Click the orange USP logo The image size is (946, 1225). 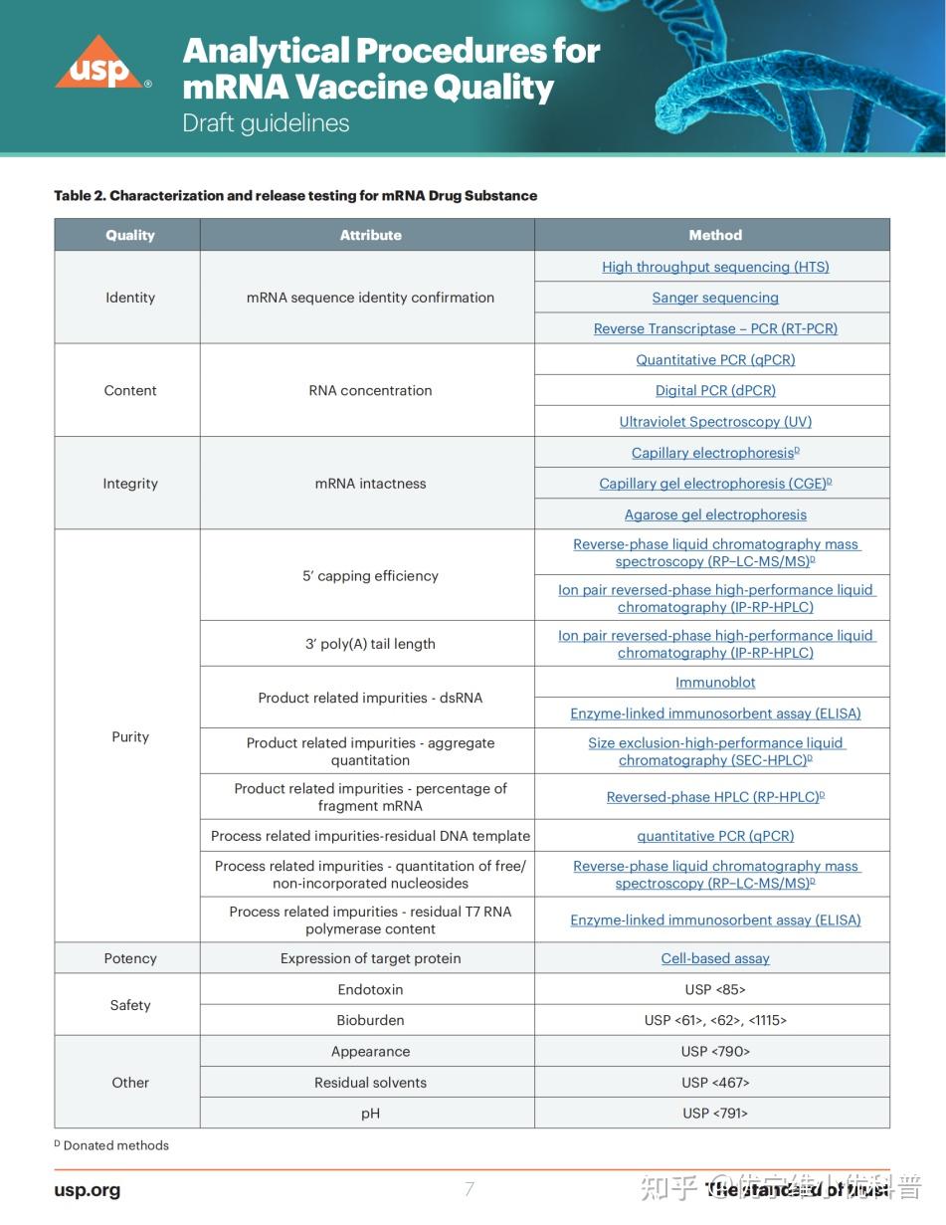(x=97, y=65)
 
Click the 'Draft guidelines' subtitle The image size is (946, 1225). (x=266, y=123)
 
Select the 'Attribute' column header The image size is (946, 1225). (x=370, y=235)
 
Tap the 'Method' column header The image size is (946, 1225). (x=715, y=235)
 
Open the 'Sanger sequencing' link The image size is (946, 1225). (x=715, y=298)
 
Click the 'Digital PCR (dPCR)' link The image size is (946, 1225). (x=715, y=391)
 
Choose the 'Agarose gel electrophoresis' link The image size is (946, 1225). (x=715, y=514)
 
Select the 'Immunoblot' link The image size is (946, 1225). (x=715, y=683)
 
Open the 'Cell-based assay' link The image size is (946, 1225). (x=715, y=958)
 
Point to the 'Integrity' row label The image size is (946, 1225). (x=130, y=484)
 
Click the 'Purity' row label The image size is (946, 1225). (x=130, y=736)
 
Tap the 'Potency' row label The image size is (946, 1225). (x=130, y=958)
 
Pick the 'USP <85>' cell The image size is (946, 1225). (x=715, y=989)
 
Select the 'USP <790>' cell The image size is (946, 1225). (x=715, y=1052)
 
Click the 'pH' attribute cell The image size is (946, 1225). (x=370, y=1114)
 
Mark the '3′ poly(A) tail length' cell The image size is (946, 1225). (x=370, y=644)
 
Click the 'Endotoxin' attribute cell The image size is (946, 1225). (x=370, y=989)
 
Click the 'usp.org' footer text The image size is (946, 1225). (x=88, y=1190)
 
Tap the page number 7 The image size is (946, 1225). (x=470, y=1188)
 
